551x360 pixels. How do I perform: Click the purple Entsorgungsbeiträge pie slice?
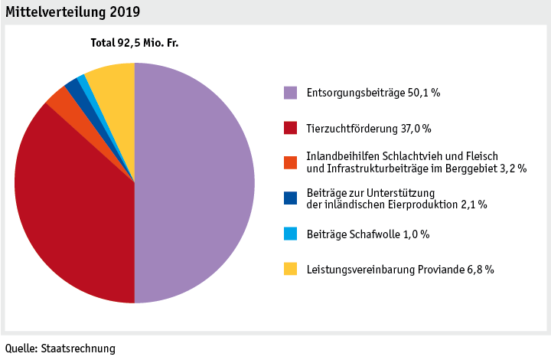(195, 184)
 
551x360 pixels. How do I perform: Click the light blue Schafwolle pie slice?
(83, 81)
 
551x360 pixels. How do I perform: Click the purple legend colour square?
(290, 93)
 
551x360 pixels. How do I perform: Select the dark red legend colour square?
(290, 128)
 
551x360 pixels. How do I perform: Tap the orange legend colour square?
(290, 162)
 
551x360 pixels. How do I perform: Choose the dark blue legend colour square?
(290, 198)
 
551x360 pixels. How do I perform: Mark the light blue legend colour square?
(290, 234)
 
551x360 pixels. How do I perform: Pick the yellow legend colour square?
(290, 269)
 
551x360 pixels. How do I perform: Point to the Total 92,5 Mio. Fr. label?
(135, 44)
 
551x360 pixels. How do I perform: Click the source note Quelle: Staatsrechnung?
(60, 349)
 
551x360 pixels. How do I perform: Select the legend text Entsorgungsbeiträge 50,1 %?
(373, 93)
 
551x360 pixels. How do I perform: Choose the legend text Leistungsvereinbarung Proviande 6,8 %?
(399, 269)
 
